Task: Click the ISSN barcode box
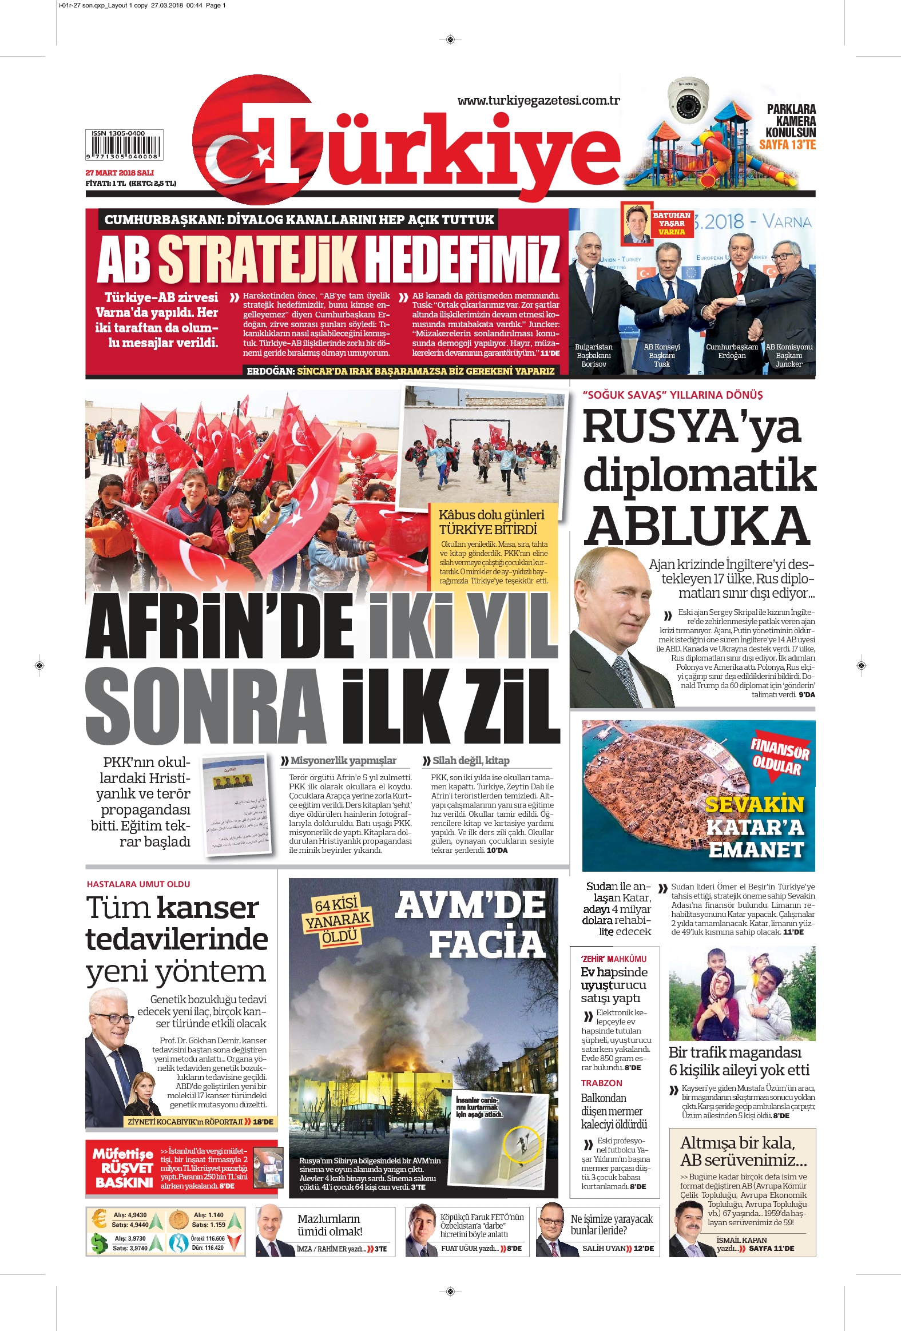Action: (124, 145)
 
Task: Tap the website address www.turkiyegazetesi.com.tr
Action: (538, 101)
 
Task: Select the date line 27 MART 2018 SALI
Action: (120, 172)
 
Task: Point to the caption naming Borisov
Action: (593, 355)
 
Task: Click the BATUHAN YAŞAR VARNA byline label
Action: (671, 224)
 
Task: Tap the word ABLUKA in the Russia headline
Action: (697, 526)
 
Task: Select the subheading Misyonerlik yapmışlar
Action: (343, 761)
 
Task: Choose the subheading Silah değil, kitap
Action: (470, 761)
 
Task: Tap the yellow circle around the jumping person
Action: (522, 1142)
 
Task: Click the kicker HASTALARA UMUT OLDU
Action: (138, 884)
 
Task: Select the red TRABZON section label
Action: (601, 1083)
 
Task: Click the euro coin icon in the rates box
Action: (98, 1218)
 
